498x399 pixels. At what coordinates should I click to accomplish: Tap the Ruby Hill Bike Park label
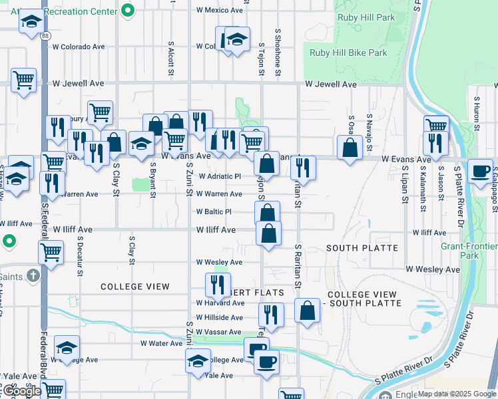click(349, 53)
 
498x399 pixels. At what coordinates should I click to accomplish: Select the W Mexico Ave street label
click(220, 11)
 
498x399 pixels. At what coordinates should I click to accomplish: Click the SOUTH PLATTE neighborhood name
click(362, 248)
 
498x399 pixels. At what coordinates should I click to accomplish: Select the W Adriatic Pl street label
click(220, 177)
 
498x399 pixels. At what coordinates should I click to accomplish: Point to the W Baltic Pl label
click(213, 212)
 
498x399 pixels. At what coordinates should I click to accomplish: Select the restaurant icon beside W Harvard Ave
click(218, 285)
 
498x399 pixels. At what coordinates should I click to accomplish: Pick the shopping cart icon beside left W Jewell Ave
click(24, 80)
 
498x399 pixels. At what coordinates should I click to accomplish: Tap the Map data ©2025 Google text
click(457, 394)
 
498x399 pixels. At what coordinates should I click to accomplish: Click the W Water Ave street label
click(161, 344)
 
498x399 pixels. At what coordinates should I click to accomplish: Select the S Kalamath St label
click(423, 194)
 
